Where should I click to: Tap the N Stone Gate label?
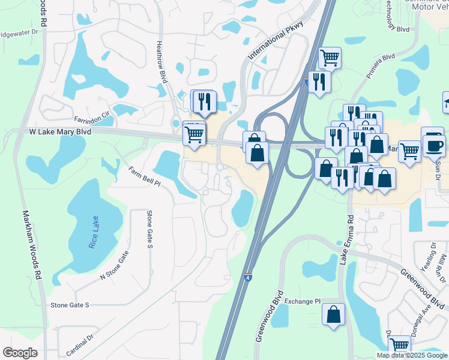pos(114,265)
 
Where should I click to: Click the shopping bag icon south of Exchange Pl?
pos(333,315)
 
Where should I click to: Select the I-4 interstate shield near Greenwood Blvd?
pos(248,278)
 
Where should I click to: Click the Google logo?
pos(20,353)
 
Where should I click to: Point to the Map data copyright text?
pos(412,355)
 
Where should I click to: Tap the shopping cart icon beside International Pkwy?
pos(330,58)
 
